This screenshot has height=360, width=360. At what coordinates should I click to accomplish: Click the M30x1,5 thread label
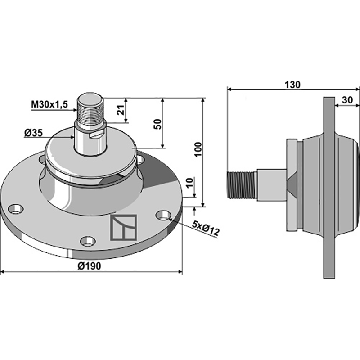[x=49, y=104]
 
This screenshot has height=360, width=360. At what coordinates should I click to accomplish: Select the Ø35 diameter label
[x=34, y=133]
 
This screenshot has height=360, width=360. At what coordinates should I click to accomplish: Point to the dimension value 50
[x=157, y=124]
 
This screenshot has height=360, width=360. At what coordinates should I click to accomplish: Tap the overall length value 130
[x=292, y=85]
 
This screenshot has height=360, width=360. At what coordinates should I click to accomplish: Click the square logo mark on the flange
[x=123, y=227]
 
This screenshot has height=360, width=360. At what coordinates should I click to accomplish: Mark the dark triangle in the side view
[x=291, y=184]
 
